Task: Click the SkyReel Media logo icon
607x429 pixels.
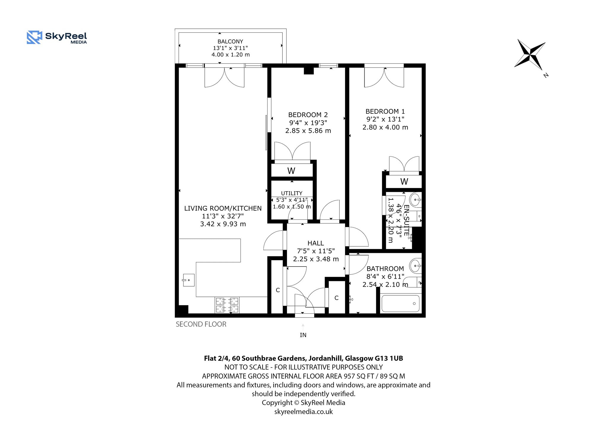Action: coord(34,37)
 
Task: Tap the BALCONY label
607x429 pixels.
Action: coord(230,42)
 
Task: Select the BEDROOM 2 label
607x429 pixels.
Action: coord(308,115)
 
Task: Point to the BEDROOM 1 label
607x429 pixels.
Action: coord(385,111)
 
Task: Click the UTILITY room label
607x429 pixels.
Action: coord(292,193)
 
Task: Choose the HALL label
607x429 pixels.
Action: coord(316,243)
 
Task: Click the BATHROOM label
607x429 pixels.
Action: coord(385,269)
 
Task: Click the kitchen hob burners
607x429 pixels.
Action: coord(227,305)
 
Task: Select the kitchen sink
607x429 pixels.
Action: coord(189,280)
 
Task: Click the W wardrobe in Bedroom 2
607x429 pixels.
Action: coord(291,171)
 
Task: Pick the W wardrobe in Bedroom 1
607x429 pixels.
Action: coord(404,181)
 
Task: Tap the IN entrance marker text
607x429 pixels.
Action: coord(303,335)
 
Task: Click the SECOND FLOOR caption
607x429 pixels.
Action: coord(201,324)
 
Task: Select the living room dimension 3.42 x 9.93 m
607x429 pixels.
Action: coord(223,224)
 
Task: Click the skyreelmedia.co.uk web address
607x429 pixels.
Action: coord(303,412)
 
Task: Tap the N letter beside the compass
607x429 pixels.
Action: coord(546,75)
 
